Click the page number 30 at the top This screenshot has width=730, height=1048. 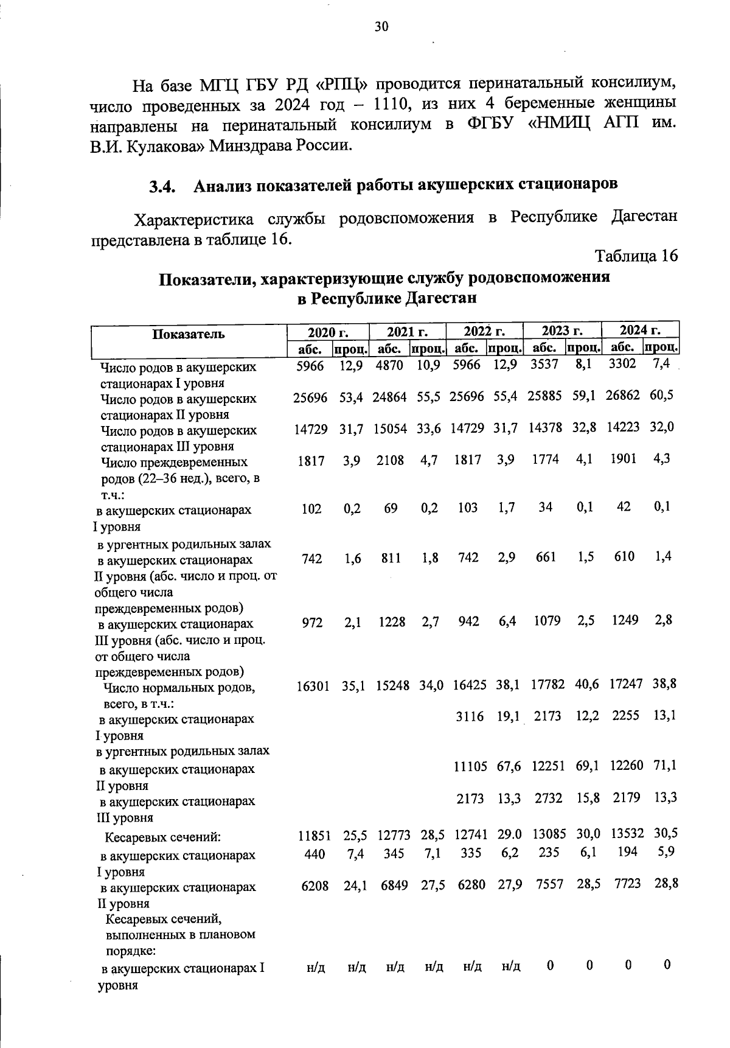(381, 26)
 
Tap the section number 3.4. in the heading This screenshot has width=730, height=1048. (163, 187)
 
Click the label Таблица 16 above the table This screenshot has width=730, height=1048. (636, 256)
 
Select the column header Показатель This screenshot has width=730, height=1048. (189, 334)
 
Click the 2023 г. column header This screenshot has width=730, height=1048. (562, 330)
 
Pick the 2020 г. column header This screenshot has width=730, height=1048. (327, 332)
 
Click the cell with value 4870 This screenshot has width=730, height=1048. (390, 366)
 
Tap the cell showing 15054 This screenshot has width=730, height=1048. (390, 429)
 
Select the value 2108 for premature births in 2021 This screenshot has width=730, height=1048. (390, 461)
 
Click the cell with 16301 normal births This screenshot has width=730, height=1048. (312, 686)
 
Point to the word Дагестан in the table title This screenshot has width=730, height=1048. (442, 299)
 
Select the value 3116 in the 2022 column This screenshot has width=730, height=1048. (470, 717)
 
